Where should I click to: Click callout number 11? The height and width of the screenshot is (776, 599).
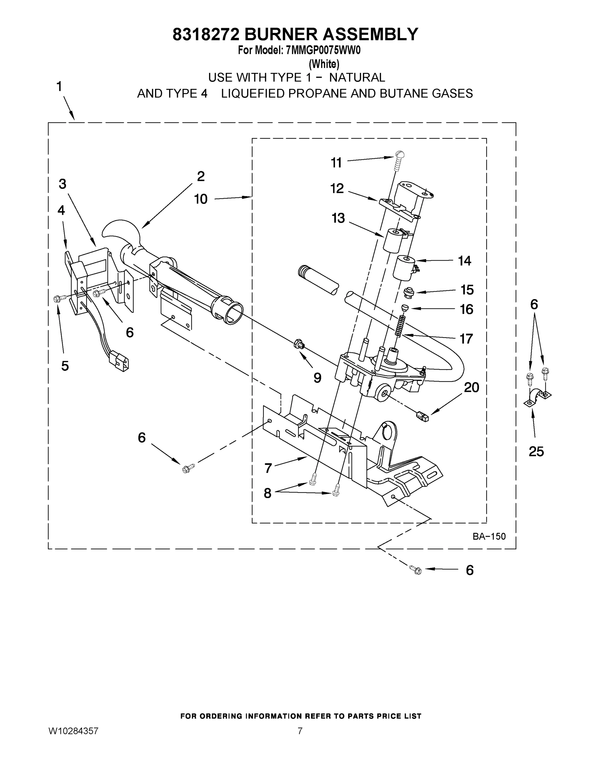(x=336, y=163)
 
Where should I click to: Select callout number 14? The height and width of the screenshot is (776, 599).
(x=464, y=261)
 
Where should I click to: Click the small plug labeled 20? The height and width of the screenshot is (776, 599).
(x=422, y=416)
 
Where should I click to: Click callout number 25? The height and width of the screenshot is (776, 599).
(x=536, y=452)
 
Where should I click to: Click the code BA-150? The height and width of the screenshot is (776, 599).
(x=489, y=536)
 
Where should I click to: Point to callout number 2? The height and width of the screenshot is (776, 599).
(x=201, y=176)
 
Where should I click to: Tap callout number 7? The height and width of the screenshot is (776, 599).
(x=268, y=468)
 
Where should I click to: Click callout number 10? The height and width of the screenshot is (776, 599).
(x=201, y=199)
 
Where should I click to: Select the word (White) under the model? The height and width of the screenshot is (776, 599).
(x=324, y=64)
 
